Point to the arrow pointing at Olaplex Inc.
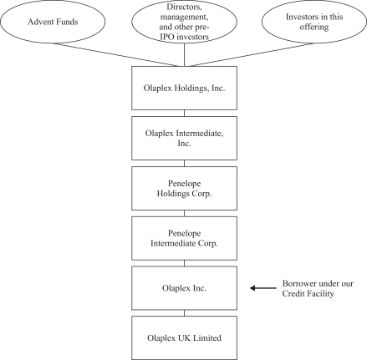tap(263, 288)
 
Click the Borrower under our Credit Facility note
tap(318, 288)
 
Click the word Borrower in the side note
tap(299, 284)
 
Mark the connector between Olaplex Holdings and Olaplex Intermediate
tap(184, 113)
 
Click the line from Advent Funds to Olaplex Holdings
tap(116, 54)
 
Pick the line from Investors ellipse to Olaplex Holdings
tap(252, 54)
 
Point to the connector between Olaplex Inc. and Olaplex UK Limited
tap(184, 313)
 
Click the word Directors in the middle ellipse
tap(184, 7)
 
